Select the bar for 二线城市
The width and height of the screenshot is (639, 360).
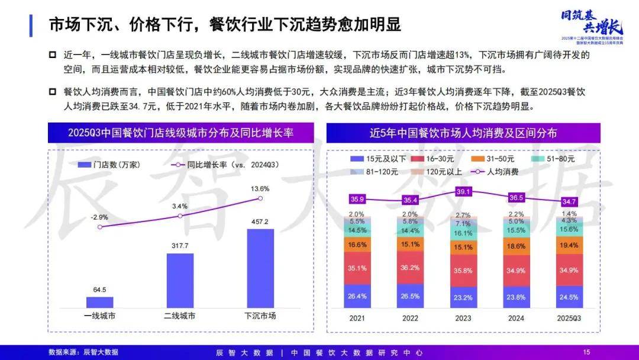click(180, 280)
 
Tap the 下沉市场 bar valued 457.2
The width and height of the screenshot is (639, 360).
click(260, 268)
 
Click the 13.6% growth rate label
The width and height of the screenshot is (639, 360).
click(260, 189)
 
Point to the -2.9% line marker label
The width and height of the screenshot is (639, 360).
click(99, 217)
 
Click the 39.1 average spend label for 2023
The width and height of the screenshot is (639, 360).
click(463, 192)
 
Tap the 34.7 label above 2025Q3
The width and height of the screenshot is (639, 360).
click(570, 202)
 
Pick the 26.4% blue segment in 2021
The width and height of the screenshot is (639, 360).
click(357, 296)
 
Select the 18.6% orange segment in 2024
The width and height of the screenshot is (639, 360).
click(517, 245)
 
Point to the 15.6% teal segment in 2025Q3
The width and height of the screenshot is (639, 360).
click(570, 229)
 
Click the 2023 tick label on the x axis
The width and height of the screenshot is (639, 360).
click(463, 318)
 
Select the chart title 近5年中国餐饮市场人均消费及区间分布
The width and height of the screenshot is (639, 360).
click(463, 133)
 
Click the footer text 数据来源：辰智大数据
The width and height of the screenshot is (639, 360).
click(83, 352)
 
